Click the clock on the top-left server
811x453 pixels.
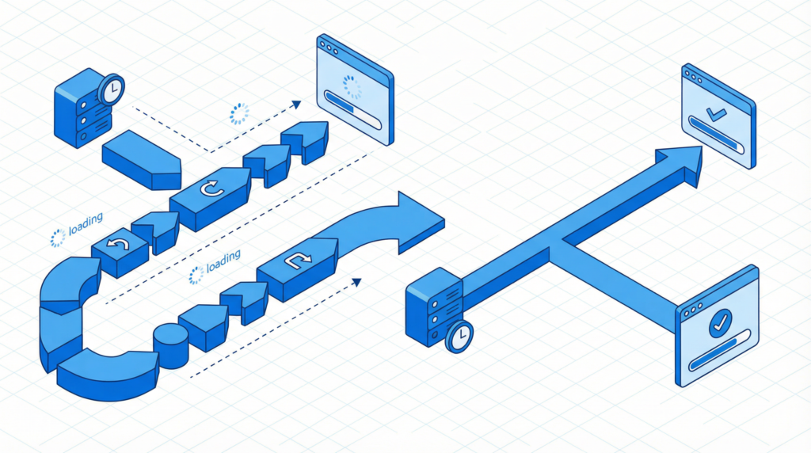click(x=111, y=90)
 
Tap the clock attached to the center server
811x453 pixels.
click(x=459, y=336)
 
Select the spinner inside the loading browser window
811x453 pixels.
click(x=352, y=87)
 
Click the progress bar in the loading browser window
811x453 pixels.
click(x=352, y=109)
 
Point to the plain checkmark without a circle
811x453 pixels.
click(x=716, y=113)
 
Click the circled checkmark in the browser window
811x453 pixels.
click(x=720, y=323)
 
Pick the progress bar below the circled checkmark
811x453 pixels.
click(x=719, y=350)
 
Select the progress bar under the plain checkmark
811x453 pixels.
click(x=716, y=135)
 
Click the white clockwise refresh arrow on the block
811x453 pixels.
click(x=211, y=188)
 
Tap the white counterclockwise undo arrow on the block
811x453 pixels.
click(x=118, y=243)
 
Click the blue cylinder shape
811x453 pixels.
click(x=171, y=346)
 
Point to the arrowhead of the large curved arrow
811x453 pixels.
click(x=420, y=223)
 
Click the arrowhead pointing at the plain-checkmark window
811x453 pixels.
click(x=680, y=163)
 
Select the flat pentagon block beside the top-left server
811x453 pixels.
click(x=142, y=160)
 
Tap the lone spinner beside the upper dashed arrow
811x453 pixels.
click(x=239, y=114)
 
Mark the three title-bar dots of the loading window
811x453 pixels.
click(x=329, y=48)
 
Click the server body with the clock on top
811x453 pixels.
click(x=82, y=110)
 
